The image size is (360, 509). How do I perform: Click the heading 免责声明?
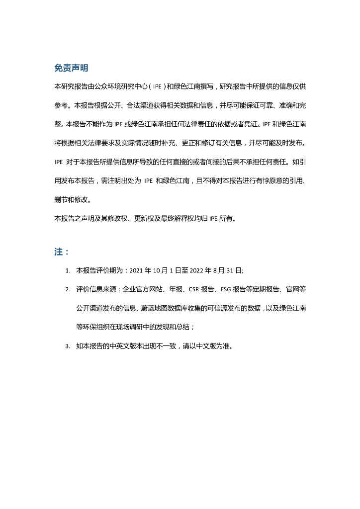coord(71,68)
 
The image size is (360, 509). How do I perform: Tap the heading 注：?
coord(61,252)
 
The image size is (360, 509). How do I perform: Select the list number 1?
coord(67,271)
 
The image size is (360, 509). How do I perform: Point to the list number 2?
coord(67,289)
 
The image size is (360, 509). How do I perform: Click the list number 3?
coord(67,346)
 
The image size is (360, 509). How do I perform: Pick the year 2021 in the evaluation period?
coord(136,271)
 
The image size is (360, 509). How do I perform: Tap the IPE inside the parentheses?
coord(157,87)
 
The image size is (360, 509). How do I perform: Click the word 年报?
coord(175,289)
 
